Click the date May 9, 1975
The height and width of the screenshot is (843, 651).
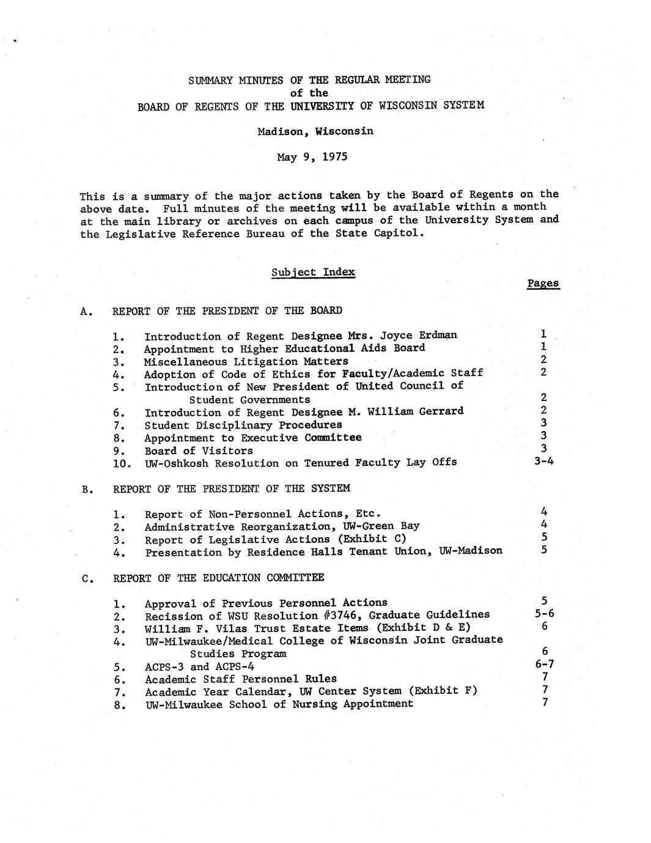[x=312, y=157]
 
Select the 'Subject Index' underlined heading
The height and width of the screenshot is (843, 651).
[x=313, y=272]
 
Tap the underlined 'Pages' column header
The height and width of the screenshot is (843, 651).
[x=543, y=283]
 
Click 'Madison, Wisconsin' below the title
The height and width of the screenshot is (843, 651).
[x=315, y=131]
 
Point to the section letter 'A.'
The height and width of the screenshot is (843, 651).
[x=87, y=311]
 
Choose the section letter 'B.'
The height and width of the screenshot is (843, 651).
[x=87, y=489]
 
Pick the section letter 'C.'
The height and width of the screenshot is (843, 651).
[x=87, y=578]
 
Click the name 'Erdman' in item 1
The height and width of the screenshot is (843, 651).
[x=438, y=336]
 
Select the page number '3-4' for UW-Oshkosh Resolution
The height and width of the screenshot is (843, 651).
[x=543, y=461]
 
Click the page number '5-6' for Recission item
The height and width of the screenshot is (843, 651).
[x=544, y=614]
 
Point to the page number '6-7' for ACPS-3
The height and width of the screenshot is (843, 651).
[x=544, y=664]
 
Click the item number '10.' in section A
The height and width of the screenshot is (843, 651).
[x=122, y=464]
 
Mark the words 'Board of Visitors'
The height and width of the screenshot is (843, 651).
[x=198, y=451]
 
